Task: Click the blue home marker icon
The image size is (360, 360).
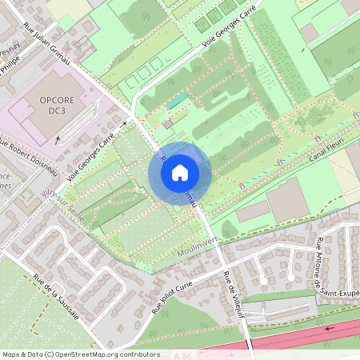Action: [180, 173]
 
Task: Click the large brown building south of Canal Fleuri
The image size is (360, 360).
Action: [286, 200]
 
